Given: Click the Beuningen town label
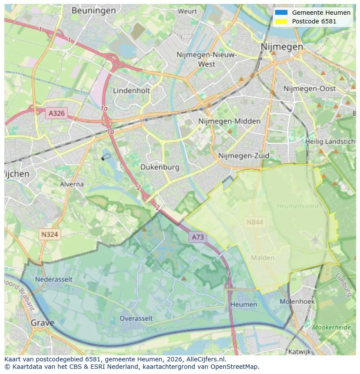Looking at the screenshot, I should [93, 10].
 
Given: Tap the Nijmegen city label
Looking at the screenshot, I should [282, 46].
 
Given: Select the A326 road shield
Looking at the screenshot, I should [57, 113].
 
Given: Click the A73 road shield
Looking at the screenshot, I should [197, 237].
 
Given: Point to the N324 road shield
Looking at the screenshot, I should [50, 235].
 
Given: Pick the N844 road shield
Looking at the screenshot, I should [254, 222].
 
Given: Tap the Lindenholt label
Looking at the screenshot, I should [131, 90].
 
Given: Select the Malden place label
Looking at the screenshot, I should [263, 258].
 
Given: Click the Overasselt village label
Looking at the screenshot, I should [136, 318].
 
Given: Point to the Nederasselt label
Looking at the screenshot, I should [54, 279].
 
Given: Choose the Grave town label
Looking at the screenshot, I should [42, 323].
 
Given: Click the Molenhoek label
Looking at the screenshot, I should [297, 301].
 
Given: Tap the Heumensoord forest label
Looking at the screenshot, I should [297, 206].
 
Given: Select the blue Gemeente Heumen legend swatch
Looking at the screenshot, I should [281, 13].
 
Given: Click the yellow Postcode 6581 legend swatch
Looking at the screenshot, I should [281, 21].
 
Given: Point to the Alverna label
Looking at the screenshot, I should [72, 184].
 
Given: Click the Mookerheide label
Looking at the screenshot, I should [332, 327].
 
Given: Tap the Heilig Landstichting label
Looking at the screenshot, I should [330, 142].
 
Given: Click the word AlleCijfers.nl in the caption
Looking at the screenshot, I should [205, 359].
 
